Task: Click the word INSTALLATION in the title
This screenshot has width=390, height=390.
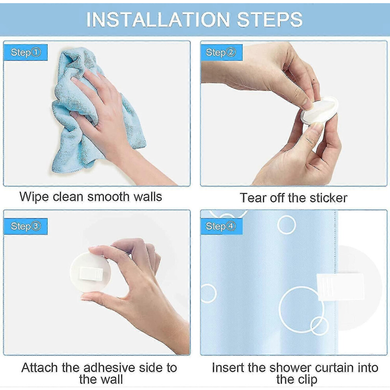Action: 158,19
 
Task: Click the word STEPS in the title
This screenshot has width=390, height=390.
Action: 269,19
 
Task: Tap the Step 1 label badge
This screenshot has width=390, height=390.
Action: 26,52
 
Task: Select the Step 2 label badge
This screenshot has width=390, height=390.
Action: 221,52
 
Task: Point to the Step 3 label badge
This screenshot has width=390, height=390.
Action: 26,227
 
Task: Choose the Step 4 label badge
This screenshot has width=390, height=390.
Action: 221,227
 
